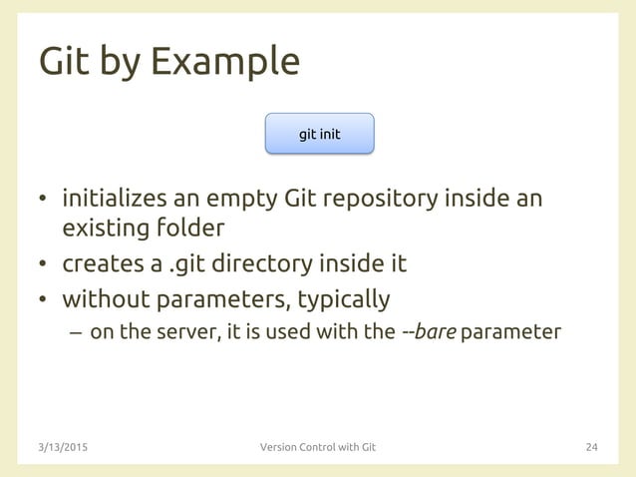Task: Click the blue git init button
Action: [319, 133]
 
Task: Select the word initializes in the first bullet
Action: [118, 199]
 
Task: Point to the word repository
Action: [379, 199]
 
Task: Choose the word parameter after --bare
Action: [511, 331]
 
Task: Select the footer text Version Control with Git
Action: [318, 446]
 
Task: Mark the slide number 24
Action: [591, 446]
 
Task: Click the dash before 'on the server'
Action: [76, 332]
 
